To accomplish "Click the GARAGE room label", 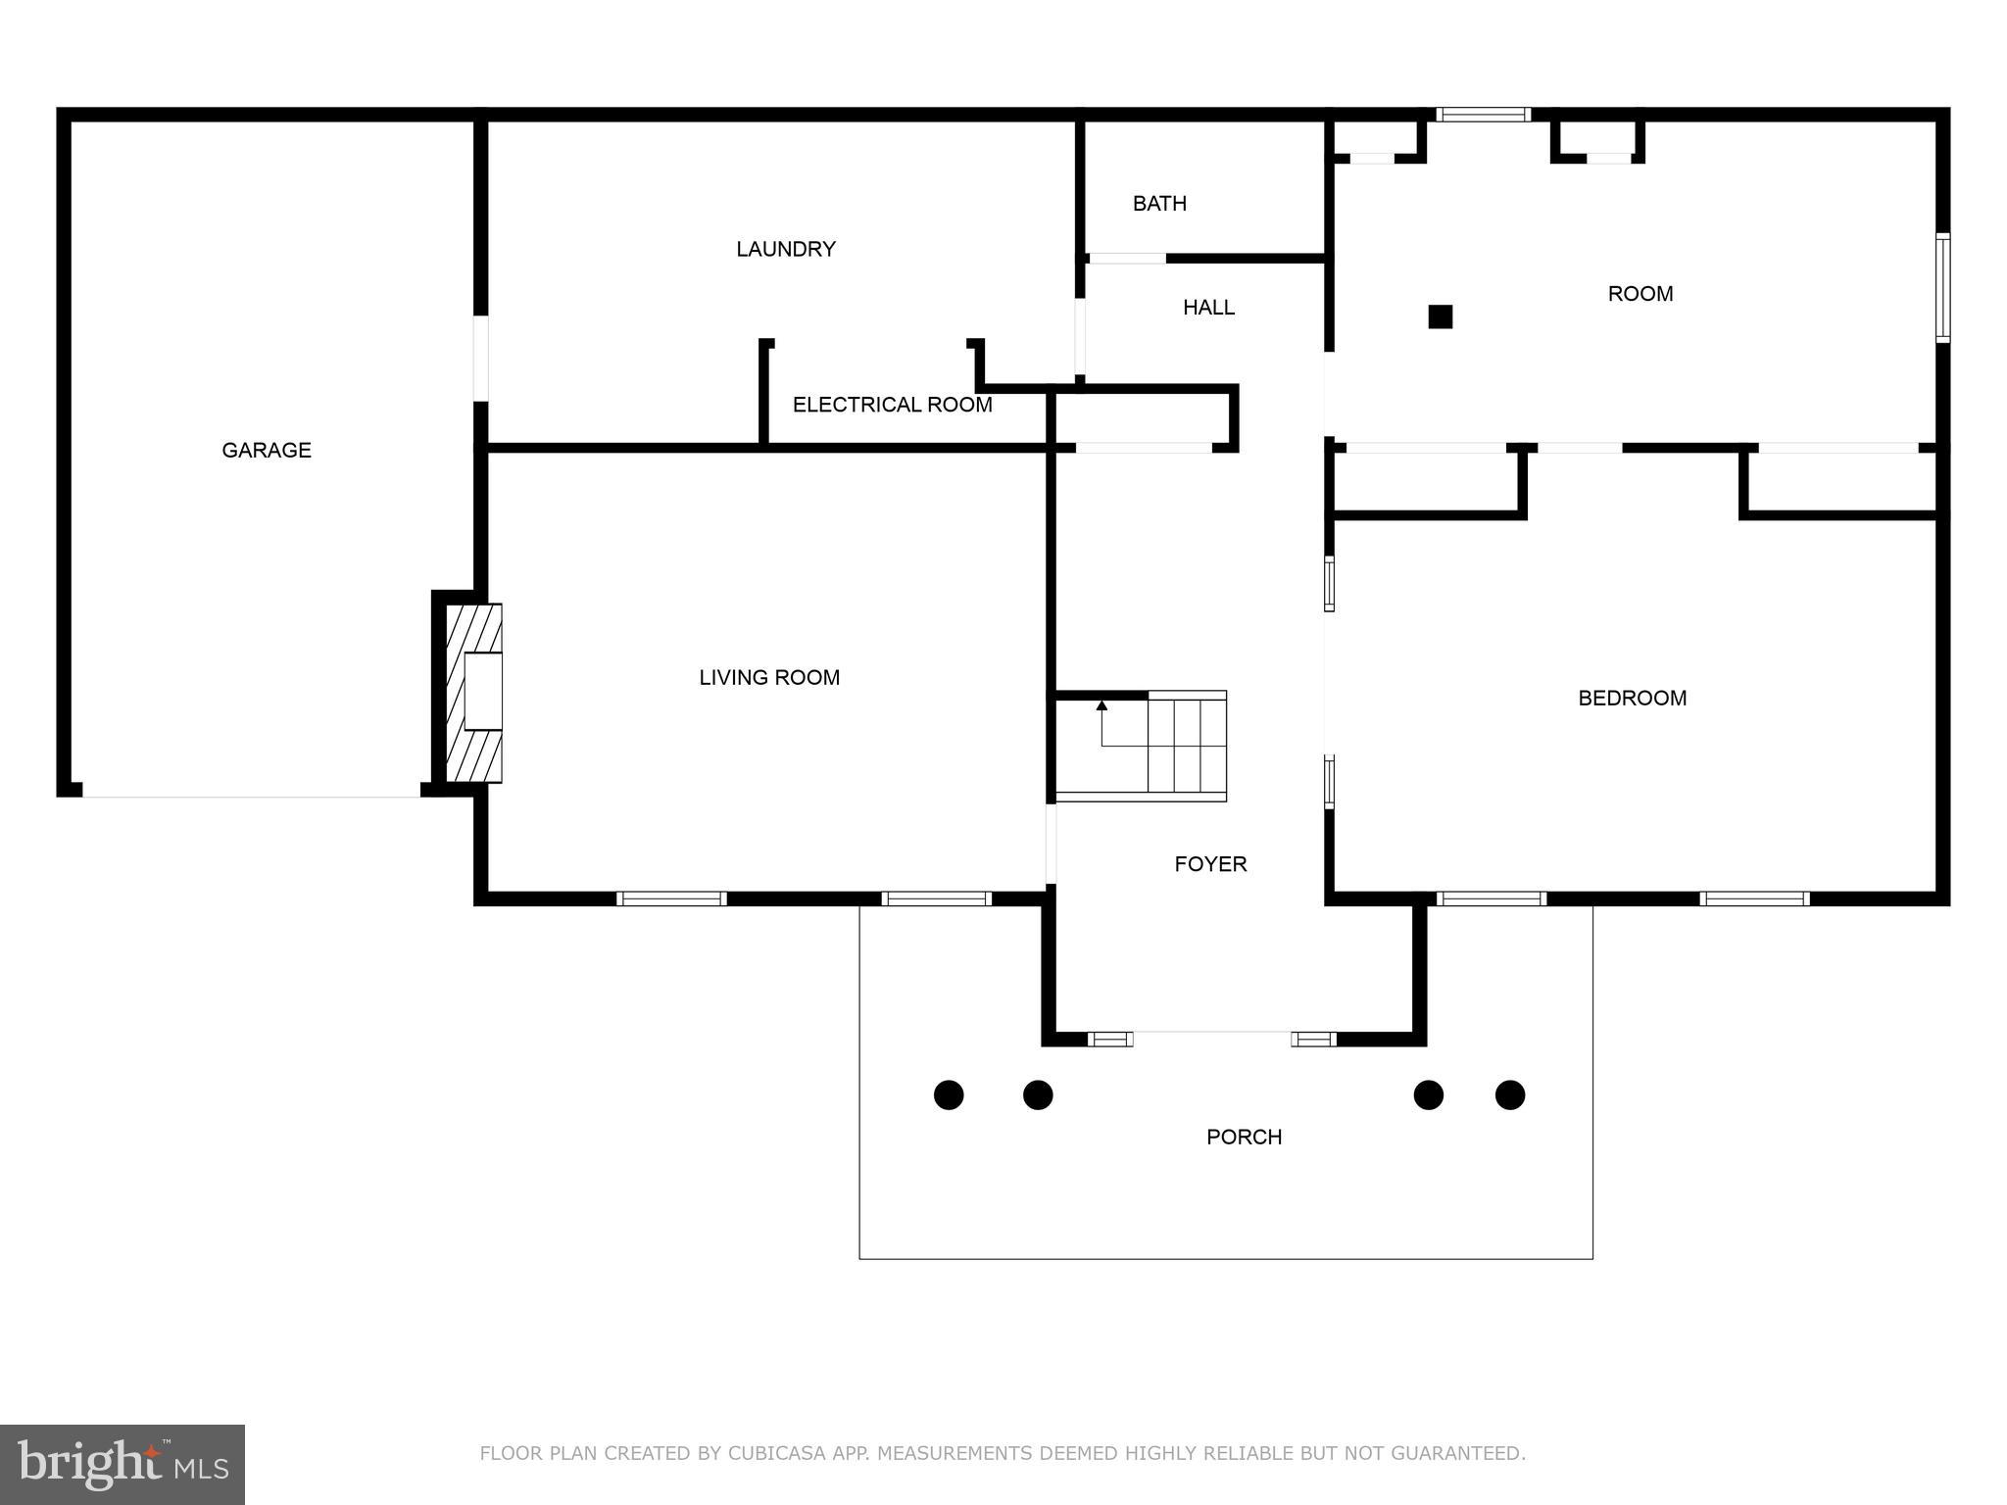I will tap(267, 450).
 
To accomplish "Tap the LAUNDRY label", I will tap(785, 249).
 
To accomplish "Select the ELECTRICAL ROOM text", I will tap(892, 405).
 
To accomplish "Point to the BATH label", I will tap(1159, 204).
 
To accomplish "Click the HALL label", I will tap(1208, 308).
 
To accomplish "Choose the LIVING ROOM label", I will tap(769, 677).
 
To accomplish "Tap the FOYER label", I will tap(1210, 864).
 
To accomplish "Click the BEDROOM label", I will tap(1632, 699).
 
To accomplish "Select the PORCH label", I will tap(1244, 1137).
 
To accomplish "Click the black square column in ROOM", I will tap(1440, 316).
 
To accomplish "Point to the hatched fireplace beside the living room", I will tap(473, 693).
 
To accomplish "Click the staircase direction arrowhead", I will tap(1101, 704).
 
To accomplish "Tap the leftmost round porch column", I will tap(949, 1094).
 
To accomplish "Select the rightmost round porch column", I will tap(1510, 1094).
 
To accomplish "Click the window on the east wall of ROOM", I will tap(1942, 287).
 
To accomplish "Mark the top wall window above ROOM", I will tap(1483, 115).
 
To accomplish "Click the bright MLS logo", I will tap(122, 1464).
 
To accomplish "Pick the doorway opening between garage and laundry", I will tap(480, 358).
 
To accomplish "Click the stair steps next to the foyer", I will tap(1187, 746).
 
